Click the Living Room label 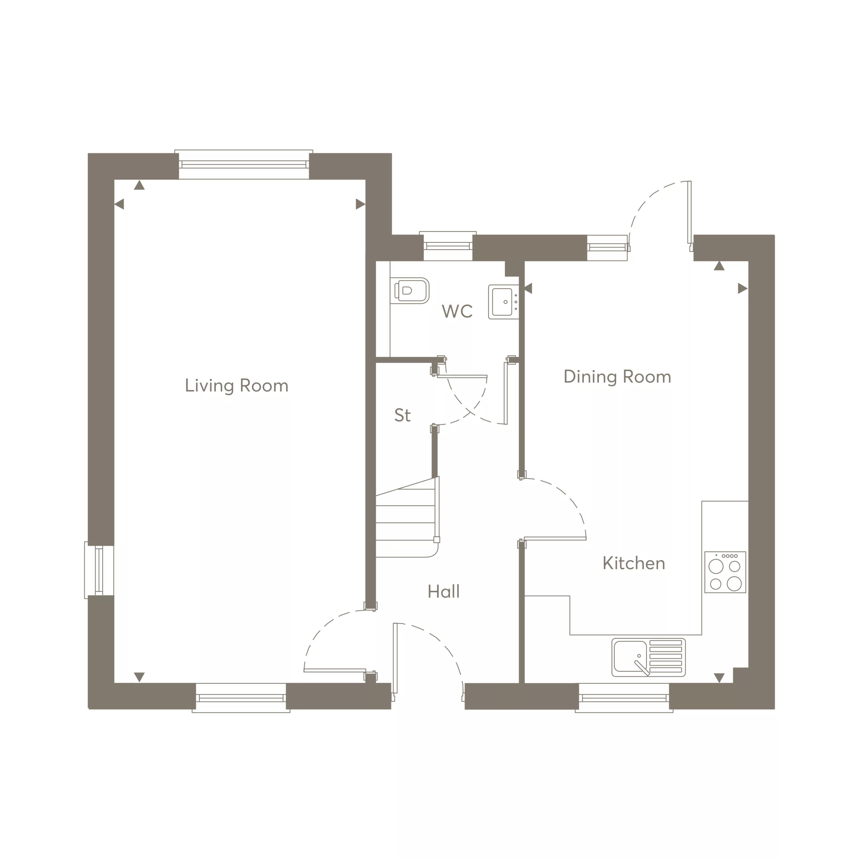[237, 386]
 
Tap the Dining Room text [617, 376]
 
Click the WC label [457, 311]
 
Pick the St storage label [402, 415]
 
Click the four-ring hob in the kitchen [725, 572]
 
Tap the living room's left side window [99, 570]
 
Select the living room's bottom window [241, 698]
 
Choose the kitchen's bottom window [624, 698]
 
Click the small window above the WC [448, 246]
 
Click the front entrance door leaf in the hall [395, 658]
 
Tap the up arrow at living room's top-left [139, 185]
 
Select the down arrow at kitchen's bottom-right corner [719, 678]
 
